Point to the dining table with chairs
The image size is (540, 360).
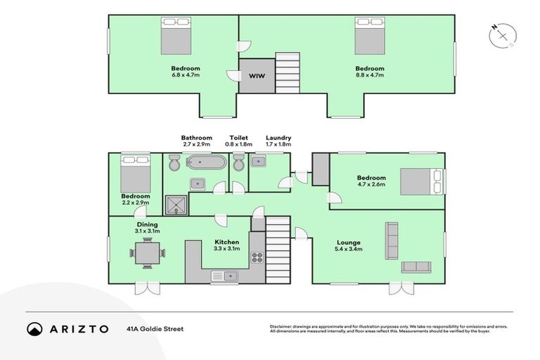coord(147,252)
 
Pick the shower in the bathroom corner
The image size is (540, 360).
coord(174,204)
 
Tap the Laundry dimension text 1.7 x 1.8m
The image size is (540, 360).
coord(278,144)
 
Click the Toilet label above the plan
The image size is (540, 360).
coord(238,138)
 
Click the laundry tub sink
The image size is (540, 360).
coord(258,161)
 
